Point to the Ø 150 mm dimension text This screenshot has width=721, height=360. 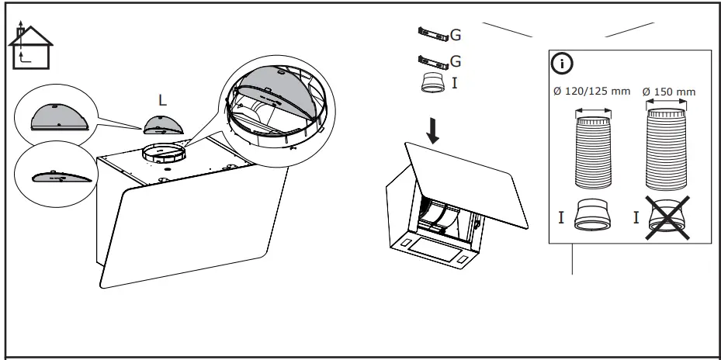pyautogui.click(x=669, y=92)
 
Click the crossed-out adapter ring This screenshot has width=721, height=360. pyautogui.click(x=668, y=216)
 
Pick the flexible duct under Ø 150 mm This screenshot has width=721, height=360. pyautogui.click(x=668, y=151)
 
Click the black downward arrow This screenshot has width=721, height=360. pyautogui.click(x=433, y=131)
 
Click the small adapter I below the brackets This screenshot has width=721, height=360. pyautogui.click(x=433, y=83)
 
